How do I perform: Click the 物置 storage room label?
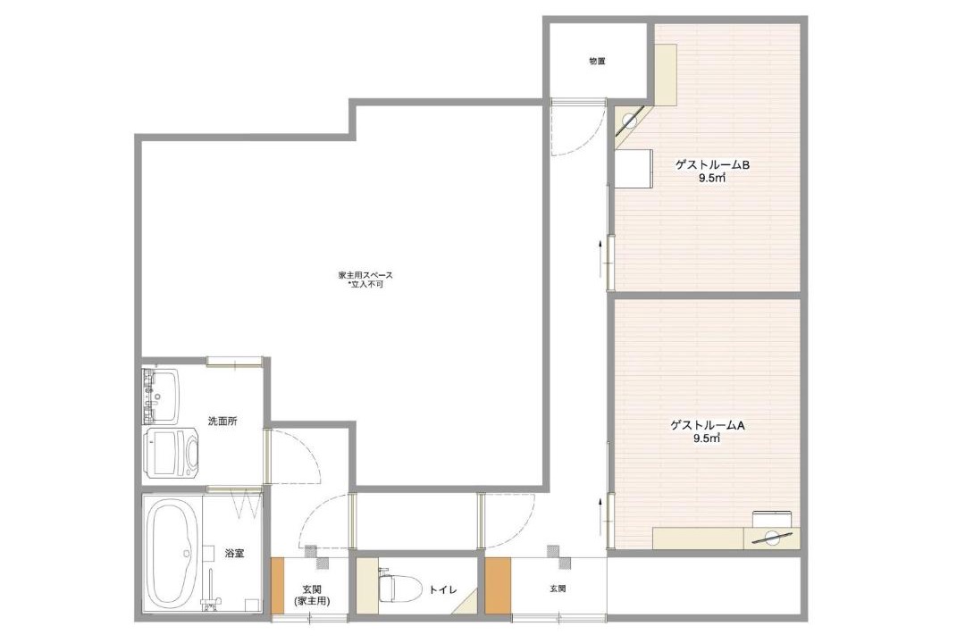pyautogui.click(x=597, y=62)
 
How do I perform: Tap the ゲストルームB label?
pyautogui.click(x=712, y=165)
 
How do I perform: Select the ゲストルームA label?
pyautogui.click(x=708, y=425)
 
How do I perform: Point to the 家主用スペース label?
pyautogui.click(x=365, y=275)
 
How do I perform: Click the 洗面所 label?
pyautogui.click(x=222, y=422)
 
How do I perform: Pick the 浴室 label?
pyautogui.click(x=234, y=553)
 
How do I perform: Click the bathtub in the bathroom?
pyautogui.click(x=173, y=553)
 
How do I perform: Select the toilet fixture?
pyautogui.click(x=398, y=587)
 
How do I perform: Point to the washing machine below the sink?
pyautogui.click(x=172, y=454)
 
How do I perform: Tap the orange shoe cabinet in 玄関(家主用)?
pyautogui.click(x=278, y=585)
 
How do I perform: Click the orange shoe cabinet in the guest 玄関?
pyautogui.click(x=498, y=585)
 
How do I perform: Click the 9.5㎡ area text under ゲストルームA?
pyautogui.click(x=707, y=438)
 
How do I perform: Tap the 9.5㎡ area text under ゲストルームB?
pyautogui.click(x=711, y=179)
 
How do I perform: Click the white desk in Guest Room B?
pyautogui.click(x=634, y=168)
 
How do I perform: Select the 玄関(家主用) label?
pyautogui.click(x=312, y=595)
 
